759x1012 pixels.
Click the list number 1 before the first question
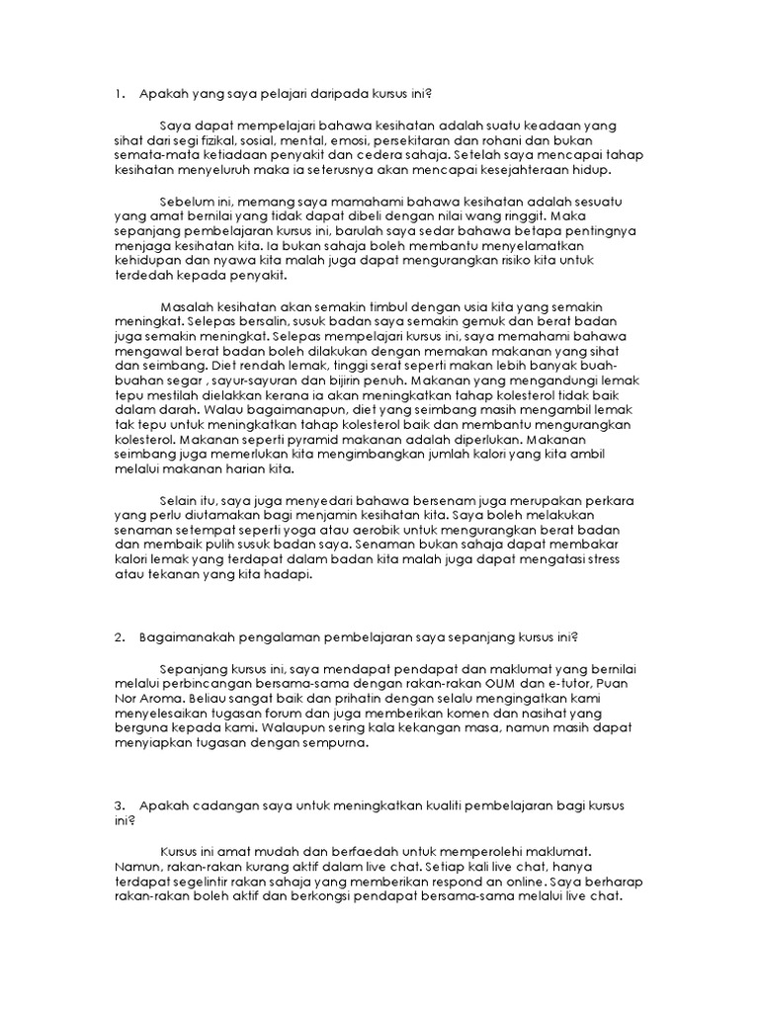point(119,95)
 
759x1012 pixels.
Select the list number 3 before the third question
point(119,805)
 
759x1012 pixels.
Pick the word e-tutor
point(555,683)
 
